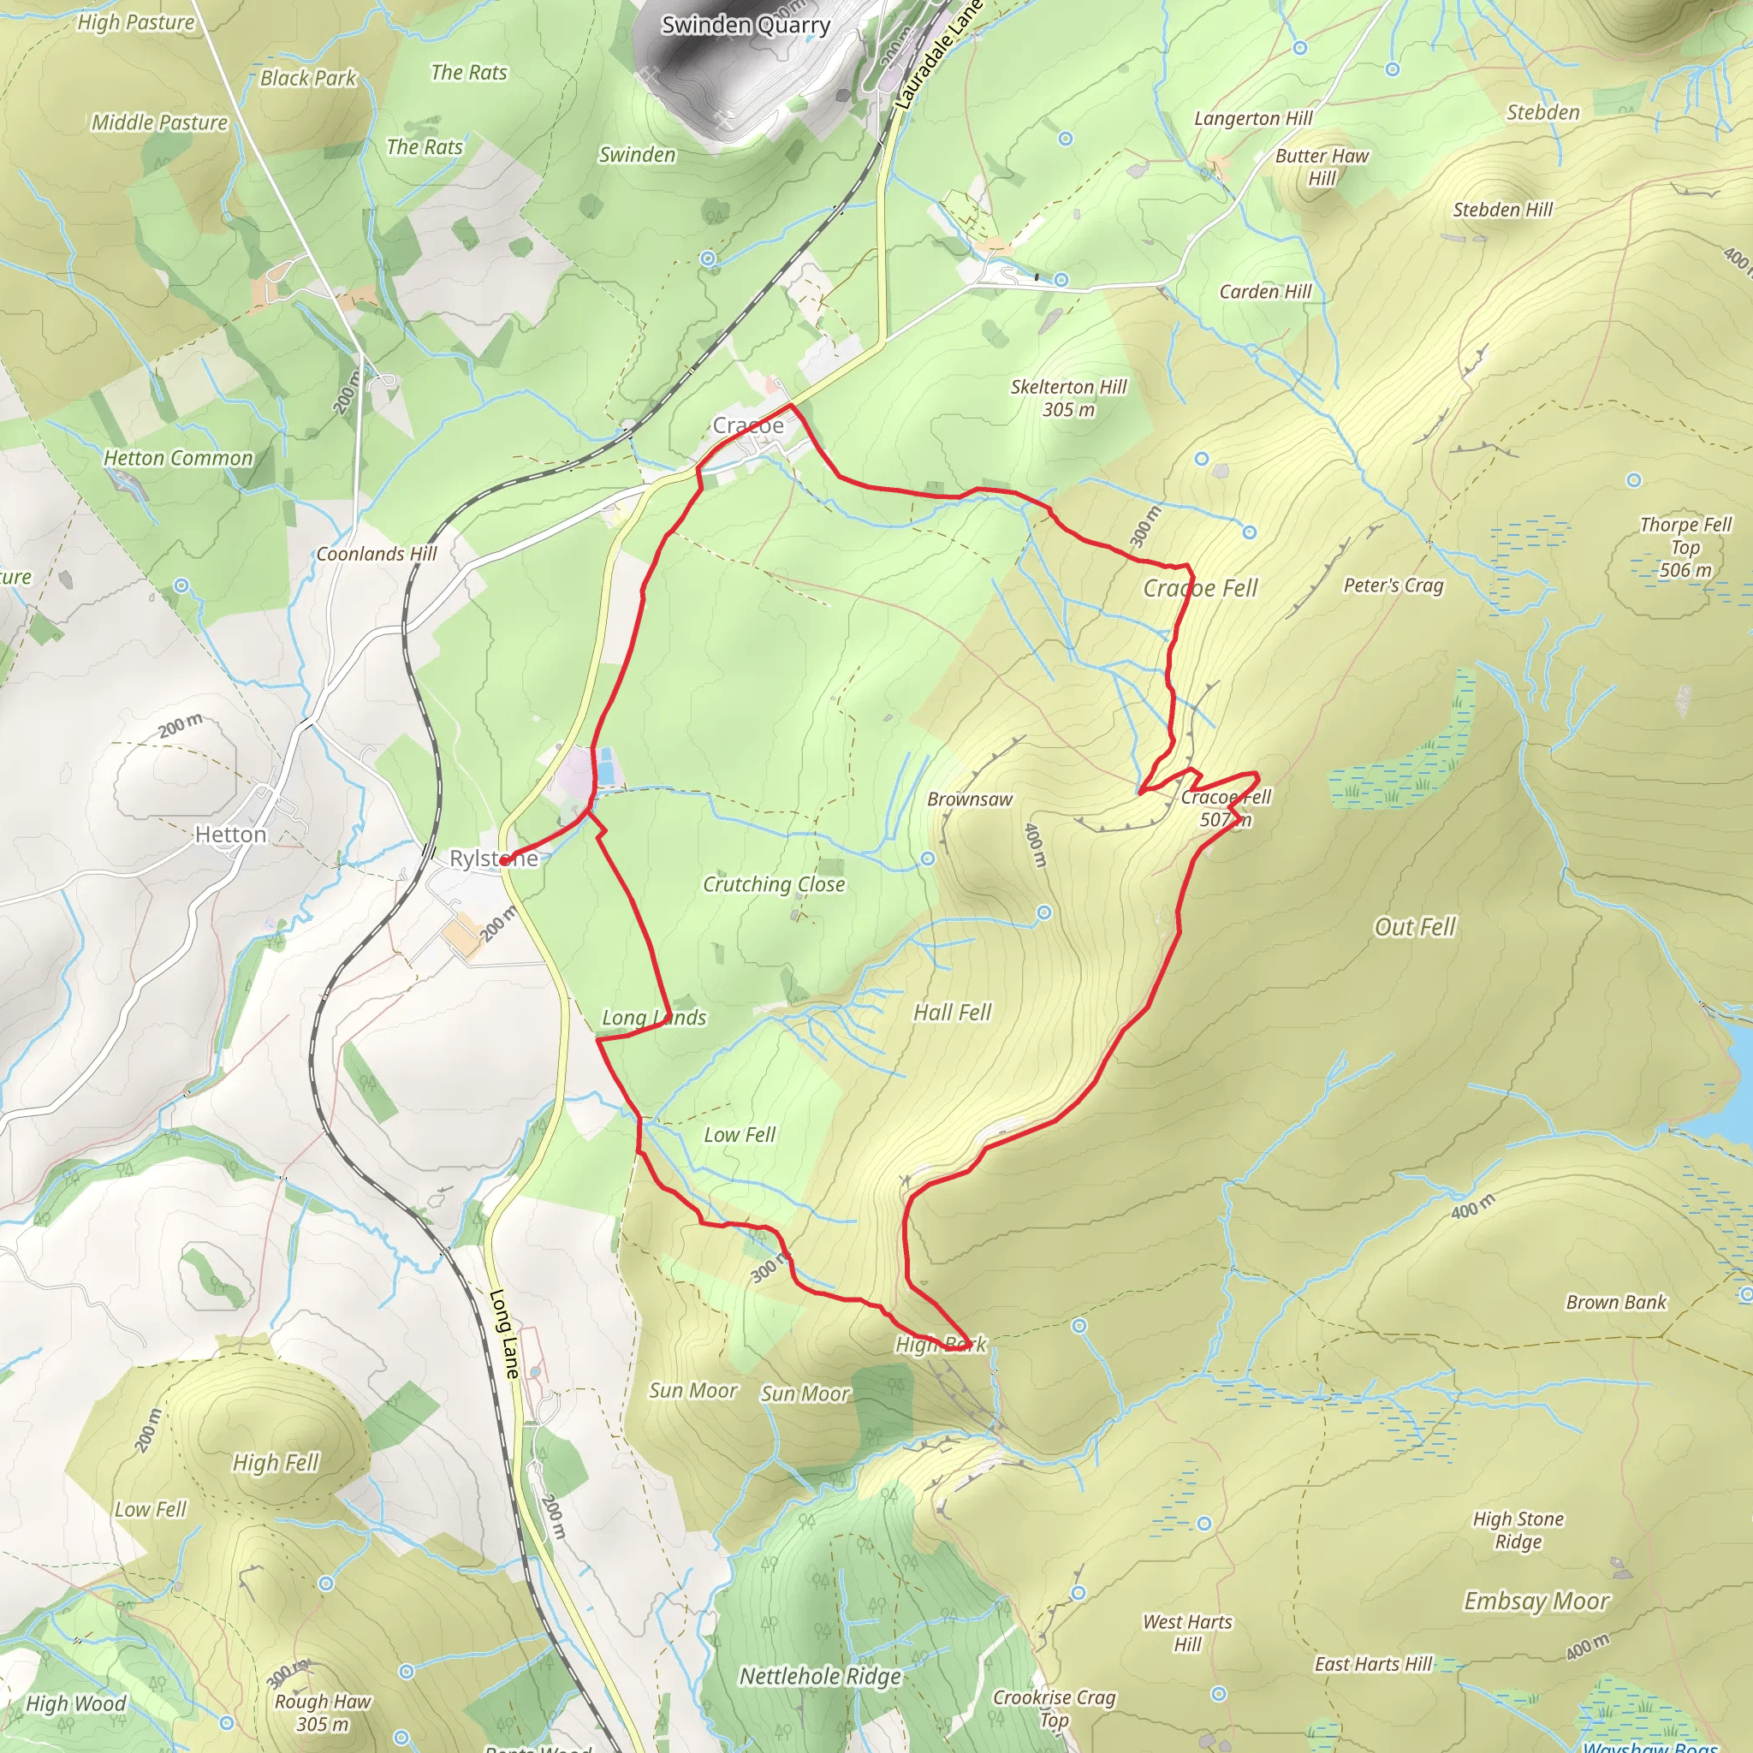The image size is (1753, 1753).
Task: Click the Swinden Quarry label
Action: click(745, 26)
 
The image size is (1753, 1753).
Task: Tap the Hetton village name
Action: click(230, 834)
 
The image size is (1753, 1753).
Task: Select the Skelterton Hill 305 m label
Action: click(1068, 398)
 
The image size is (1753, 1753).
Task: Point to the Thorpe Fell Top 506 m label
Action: click(1685, 547)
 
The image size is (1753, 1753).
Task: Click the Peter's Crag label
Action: click(1393, 585)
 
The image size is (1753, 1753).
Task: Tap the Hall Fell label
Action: click(952, 1012)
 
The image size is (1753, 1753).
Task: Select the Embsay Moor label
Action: click(1536, 1601)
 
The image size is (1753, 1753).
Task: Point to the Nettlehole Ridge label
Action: click(819, 1676)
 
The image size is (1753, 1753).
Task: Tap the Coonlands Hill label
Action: click(376, 554)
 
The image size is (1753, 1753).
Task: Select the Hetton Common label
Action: click(178, 458)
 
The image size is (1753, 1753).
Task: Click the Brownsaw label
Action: click(969, 799)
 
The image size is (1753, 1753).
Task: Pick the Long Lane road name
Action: click(503, 1334)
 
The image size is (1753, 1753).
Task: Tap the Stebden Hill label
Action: click(1502, 210)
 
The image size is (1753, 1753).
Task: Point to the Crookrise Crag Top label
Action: click(1054, 1708)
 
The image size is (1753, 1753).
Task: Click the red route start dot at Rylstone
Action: click(504, 860)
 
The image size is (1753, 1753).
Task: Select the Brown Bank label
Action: click(1616, 1302)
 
